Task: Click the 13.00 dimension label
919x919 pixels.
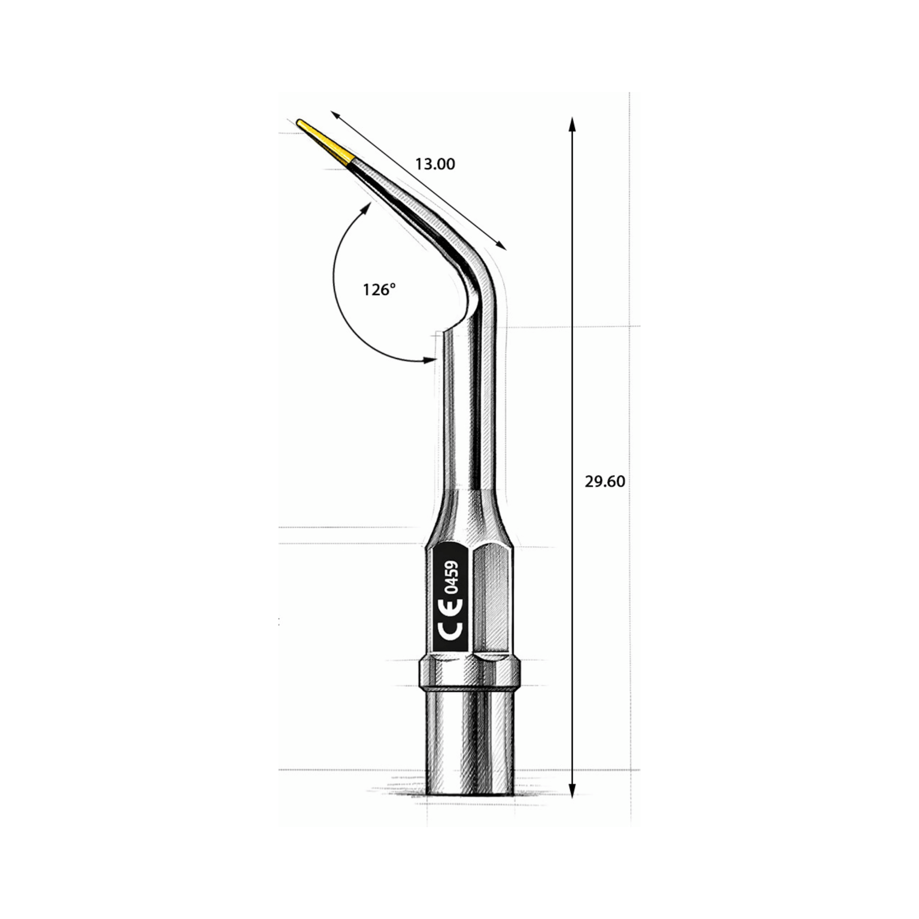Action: click(435, 164)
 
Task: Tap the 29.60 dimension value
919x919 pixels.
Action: click(605, 482)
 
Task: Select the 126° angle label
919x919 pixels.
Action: click(379, 289)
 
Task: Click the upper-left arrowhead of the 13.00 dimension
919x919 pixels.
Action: click(335, 116)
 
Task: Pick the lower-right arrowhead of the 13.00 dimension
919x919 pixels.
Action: click(502, 245)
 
